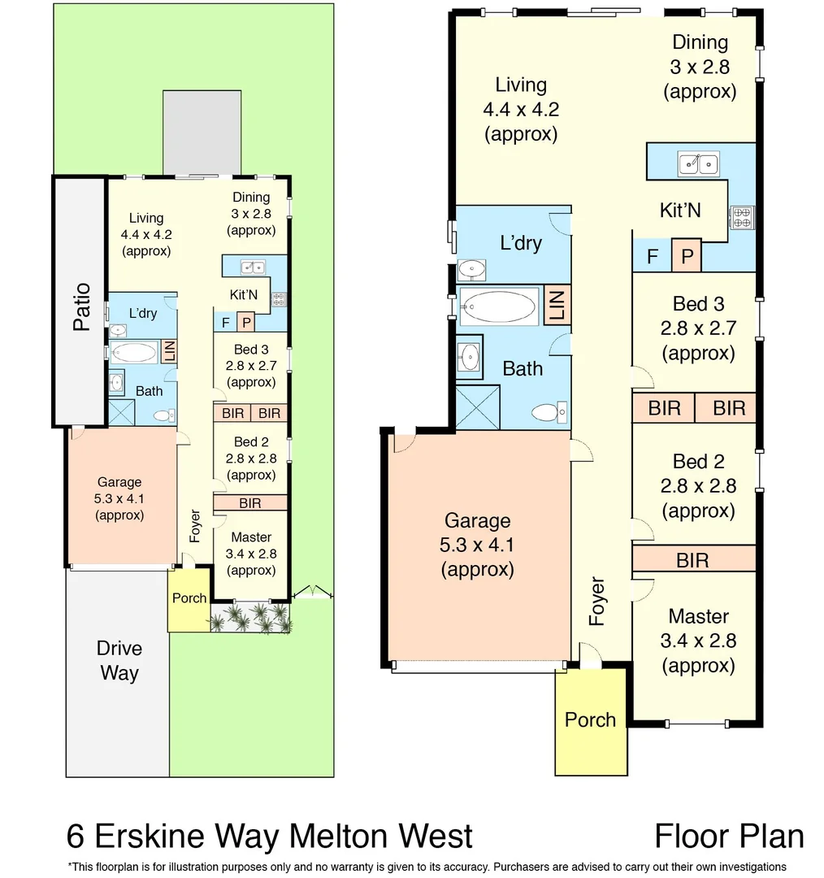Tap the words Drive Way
[119, 660]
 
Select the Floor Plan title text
[729, 836]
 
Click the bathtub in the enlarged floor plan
[498, 306]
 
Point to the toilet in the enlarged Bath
[549, 413]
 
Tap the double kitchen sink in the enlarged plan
[698, 164]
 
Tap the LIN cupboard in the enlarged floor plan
[557, 306]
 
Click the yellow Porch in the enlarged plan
[591, 720]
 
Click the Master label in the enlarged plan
[698, 616]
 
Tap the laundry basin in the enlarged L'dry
[471, 268]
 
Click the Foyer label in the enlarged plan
[597, 601]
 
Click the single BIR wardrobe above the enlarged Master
[693, 559]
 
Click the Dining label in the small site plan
[251, 197]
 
